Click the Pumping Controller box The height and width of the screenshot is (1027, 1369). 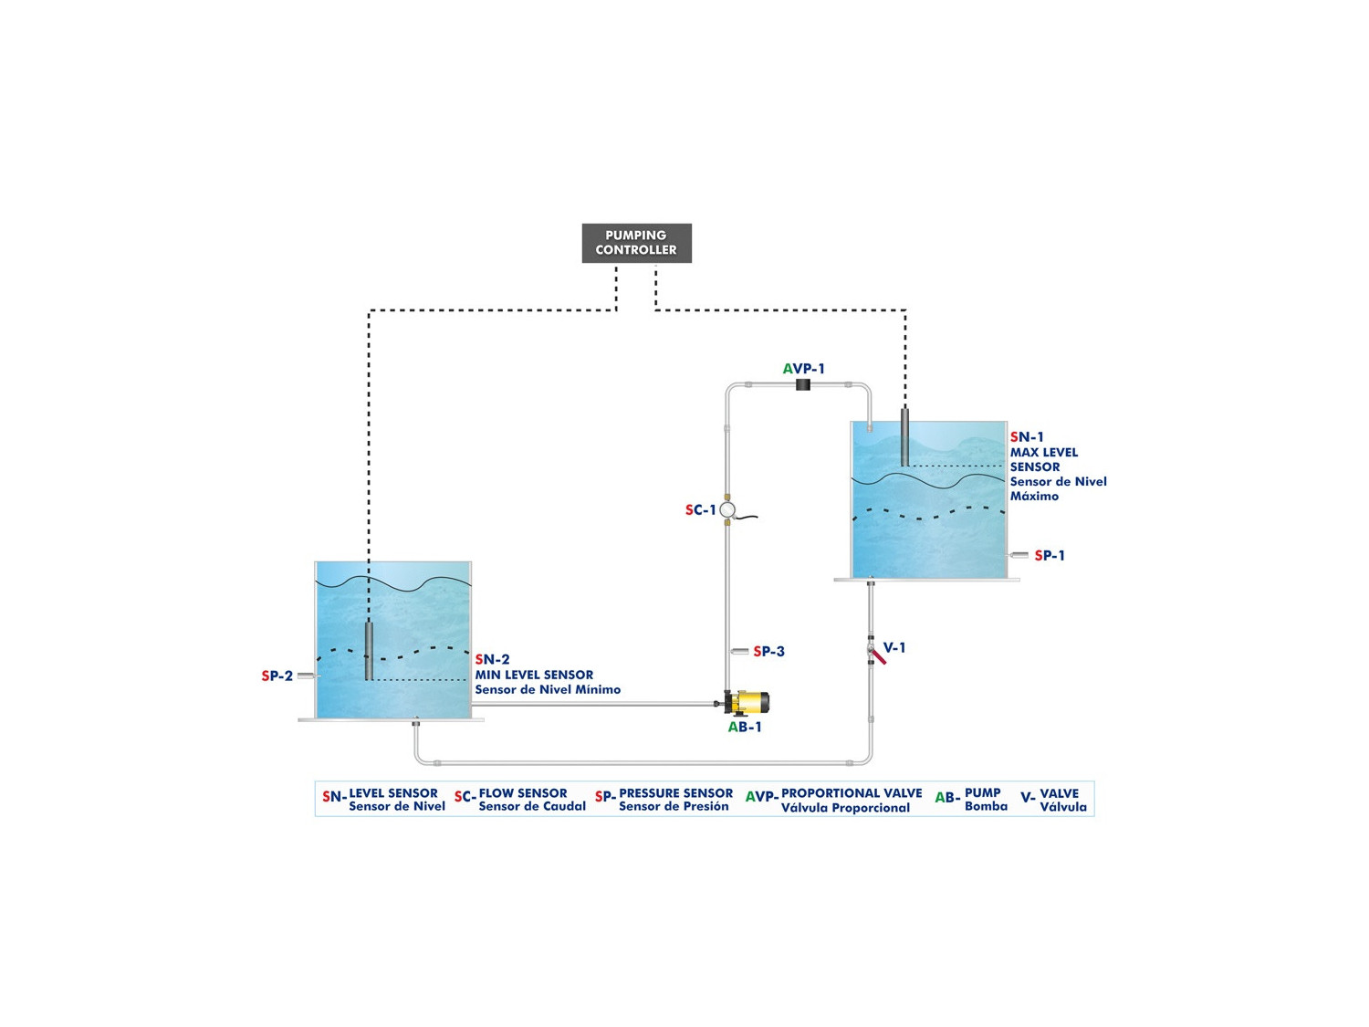pyautogui.click(x=636, y=243)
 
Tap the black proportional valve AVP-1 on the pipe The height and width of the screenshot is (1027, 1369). pyautogui.click(x=803, y=384)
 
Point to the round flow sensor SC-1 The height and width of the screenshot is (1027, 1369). pyautogui.click(x=727, y=509)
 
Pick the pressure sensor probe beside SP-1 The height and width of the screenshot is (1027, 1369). pyautogui.click(x=1019, y=555)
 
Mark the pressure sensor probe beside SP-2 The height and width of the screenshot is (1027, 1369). pyautogui.click(x=307, y=676)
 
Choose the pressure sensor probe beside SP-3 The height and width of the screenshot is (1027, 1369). pyautogui.click(x=739, y=651)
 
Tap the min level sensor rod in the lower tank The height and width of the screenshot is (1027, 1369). pyautogui.click(x=369, y=650)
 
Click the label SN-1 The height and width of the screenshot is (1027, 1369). pyautogui.click(x=1027, y=437)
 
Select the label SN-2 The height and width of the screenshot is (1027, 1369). pyautogui.click(x=492, y=659)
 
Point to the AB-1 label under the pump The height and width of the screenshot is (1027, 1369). pyautogui.click(x=745, y=727)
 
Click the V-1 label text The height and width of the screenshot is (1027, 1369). pyautogui.click(x=894, y=647)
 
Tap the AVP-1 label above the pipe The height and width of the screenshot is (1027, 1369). pyautogui.click(x=803, y=369)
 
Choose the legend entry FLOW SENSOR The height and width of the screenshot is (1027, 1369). pyautogui.click(x=523, y=793)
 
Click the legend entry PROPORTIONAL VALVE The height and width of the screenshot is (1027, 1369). pyautogui.click(x=851, y=793)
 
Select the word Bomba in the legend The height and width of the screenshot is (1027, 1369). pyautogui.click(x=986, y=806)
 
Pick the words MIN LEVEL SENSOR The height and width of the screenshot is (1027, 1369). pyautogui.click(x=534, y=675)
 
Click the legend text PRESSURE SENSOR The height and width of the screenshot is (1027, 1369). pyautogui.click(x=675, y=793)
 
